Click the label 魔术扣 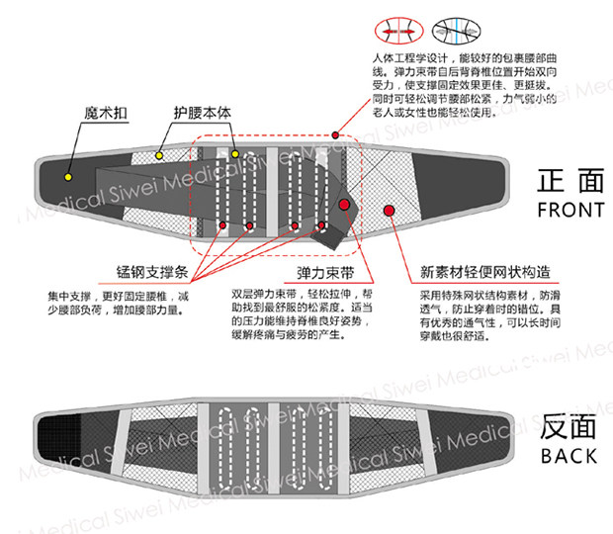coord(108,114)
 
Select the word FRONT coord(569,210)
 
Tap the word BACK coord(569,456)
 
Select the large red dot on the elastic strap coord(343,205)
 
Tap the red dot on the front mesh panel coord(389,210)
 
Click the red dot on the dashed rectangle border coord(336,134)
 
